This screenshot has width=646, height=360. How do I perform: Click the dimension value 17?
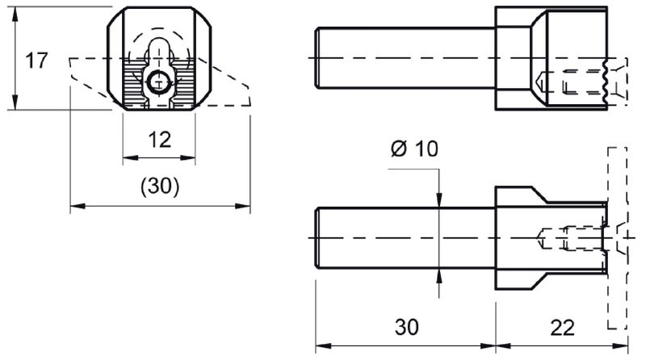click(x=36, y=61)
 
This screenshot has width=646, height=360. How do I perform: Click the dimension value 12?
click(x=160, y=140)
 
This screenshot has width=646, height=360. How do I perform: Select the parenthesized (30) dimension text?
click(x=160, y=186)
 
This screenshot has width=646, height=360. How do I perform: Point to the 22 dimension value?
click(x=563, y=328)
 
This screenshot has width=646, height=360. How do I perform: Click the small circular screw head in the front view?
click(x=160, y=81)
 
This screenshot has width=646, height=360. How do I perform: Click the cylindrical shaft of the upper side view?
click(x=404, y=59)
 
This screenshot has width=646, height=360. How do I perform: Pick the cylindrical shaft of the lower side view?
click(x=404, y=238)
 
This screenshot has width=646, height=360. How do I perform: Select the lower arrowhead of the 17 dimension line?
click(x=16, y=104)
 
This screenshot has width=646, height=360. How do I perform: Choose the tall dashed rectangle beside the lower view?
click(x=616, y=238)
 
